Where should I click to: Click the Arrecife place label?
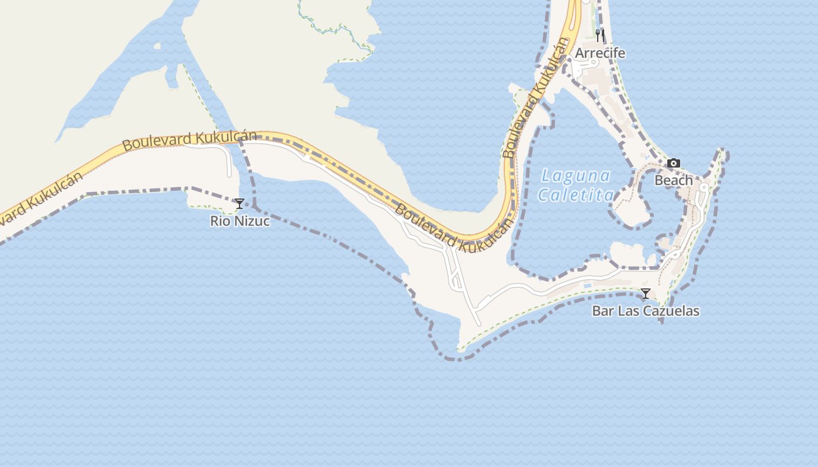point(600,53)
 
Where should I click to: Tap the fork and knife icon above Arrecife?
point(599,35)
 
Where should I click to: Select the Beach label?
point(674,180)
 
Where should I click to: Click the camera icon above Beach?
point(674,163)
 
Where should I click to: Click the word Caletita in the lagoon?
point(576,195)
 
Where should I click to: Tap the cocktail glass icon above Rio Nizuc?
point(240,204)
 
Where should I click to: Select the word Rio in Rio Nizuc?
point(219,221)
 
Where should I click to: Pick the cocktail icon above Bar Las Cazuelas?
point(646,294)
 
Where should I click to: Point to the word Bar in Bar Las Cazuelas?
point(603,311)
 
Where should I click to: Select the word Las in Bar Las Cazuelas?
point(628,311)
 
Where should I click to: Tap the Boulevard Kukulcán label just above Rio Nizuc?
point(189,140)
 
